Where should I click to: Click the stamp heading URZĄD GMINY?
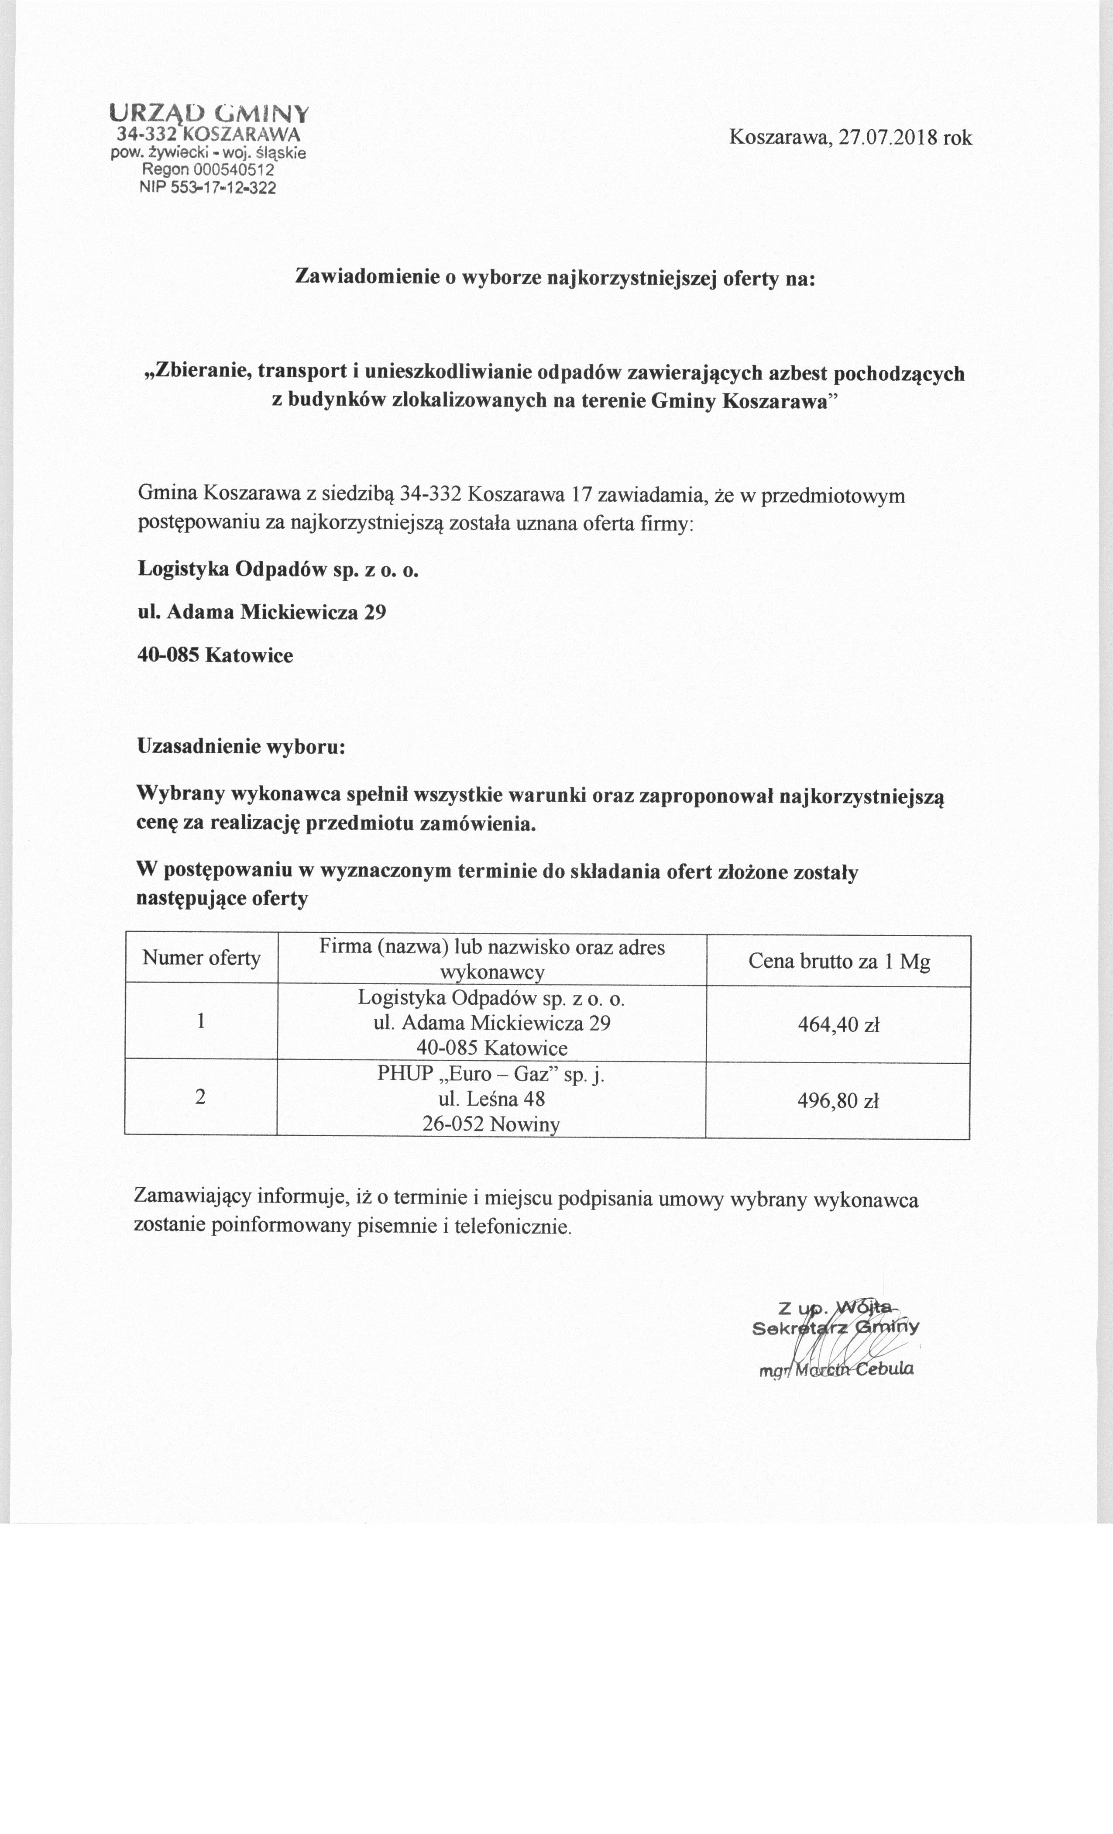(208, 113)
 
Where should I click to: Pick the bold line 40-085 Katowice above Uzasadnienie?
(216, 656)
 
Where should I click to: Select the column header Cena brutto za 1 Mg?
(838, 962)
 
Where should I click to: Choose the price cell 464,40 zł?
(838, 1025)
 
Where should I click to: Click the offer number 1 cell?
(201, 1021)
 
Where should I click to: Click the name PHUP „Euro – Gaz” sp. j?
(491, 1075)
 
